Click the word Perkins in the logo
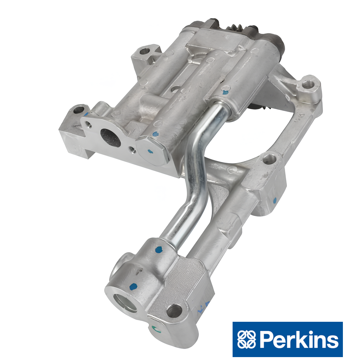299,340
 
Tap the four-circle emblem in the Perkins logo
246,339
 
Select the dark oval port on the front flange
111,138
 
